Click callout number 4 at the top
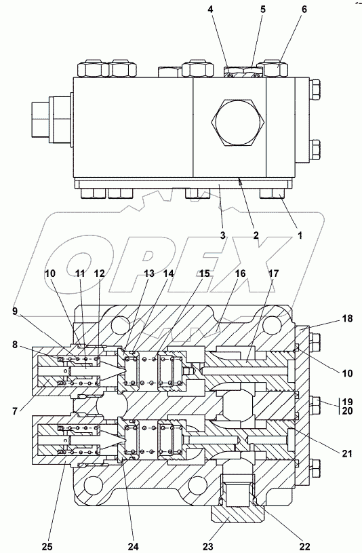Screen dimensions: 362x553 click(x=210, y=9)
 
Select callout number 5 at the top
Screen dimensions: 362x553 click(x=263, y=9)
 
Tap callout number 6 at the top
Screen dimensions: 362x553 click(x=304, y=9)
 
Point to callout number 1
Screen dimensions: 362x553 click(x=300, y=235)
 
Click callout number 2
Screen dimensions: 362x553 click(x=256, y=235)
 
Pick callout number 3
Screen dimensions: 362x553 click(x=222, y=235)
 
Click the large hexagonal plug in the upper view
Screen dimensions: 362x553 click(x=237, y=123)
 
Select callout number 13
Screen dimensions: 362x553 click(x=149, y=273)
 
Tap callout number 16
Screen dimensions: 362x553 click(x=241, y=273)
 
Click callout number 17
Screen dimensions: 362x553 click(x=273, y=273)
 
